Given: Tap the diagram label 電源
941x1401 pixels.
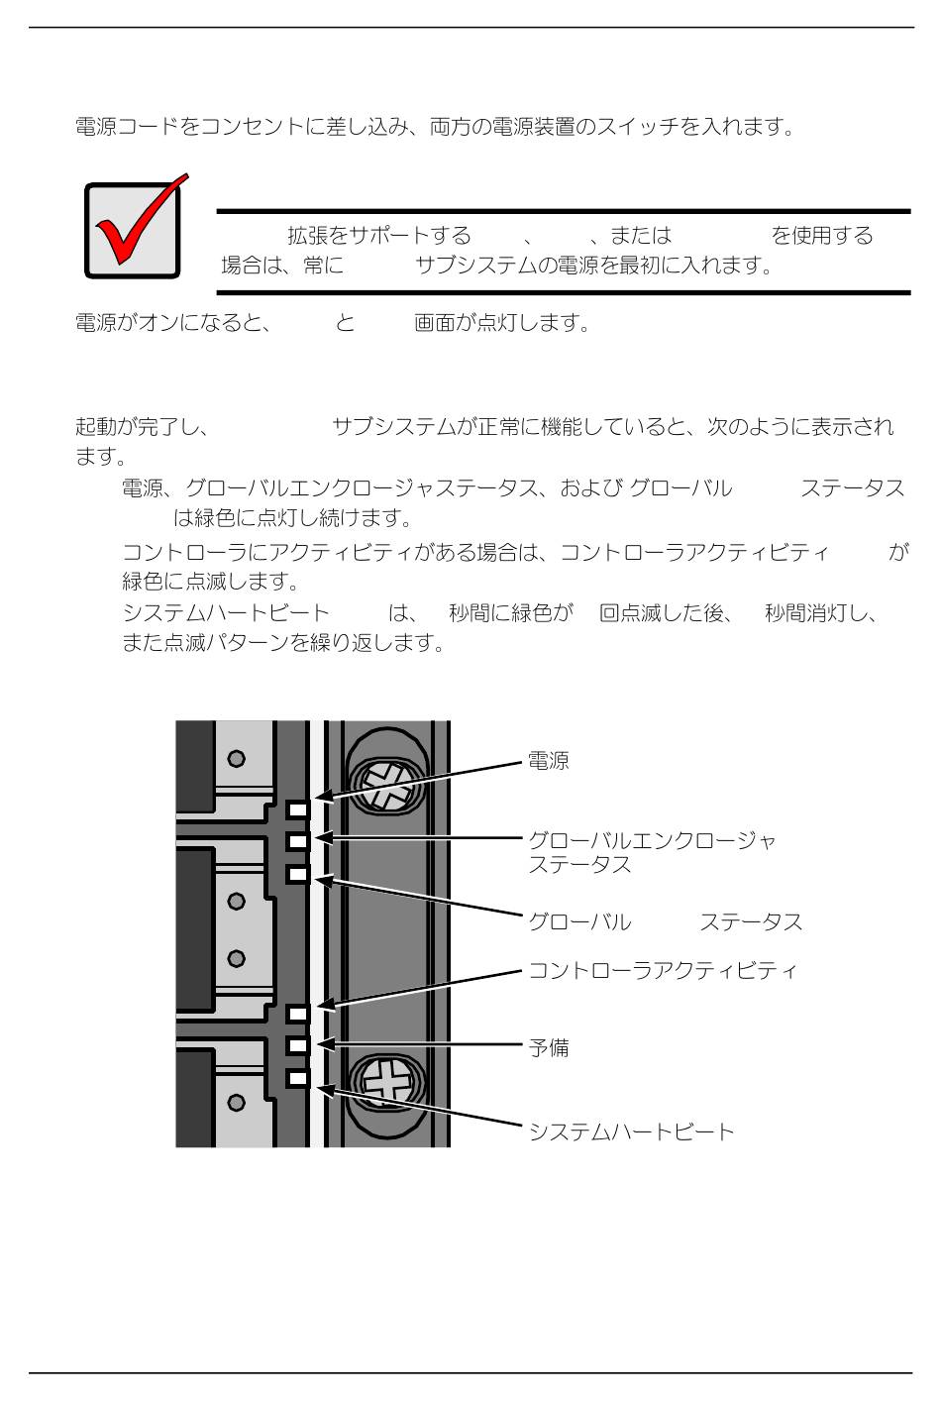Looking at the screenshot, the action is [x=548, y=762].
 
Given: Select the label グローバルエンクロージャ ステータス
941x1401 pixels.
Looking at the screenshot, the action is [x=651, y=852].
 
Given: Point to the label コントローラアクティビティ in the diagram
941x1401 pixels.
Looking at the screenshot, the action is [x=662, y=970].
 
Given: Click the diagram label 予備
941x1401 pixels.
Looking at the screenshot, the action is [x=548, y=1047].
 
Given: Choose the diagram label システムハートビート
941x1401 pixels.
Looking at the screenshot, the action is [x=631, y=1132].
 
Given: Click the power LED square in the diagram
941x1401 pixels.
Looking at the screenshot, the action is [x=297, y=809].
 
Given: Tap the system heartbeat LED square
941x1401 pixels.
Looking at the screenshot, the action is [x=297, y=1079].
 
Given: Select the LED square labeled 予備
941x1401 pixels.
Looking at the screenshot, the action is [x=297, y=1045].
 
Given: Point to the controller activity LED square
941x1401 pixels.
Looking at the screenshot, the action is [x=297, y=1013].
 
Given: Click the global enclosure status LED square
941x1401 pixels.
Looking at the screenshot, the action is [x=297, y=841].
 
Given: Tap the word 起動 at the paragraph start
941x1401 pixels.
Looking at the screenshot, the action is [x=96, y=427].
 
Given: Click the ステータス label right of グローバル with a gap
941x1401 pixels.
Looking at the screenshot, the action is [x=750, y=921].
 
